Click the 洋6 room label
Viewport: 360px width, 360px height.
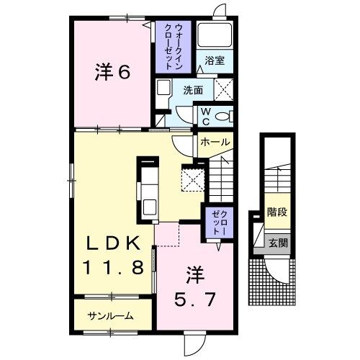(x=112, y=72)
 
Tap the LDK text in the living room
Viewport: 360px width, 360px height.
(x=113, y=243)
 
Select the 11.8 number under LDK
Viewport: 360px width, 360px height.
(x=113, y=267)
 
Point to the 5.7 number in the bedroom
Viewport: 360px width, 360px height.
(x=194, y=299)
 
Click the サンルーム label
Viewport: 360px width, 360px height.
(x=110, y=316)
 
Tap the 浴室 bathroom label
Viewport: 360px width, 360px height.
(x=215, y=60)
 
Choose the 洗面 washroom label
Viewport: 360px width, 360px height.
(x=193, y=90)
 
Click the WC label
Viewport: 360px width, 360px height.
(x=206, y=117)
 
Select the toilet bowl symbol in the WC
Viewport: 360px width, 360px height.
(x=225, y=117)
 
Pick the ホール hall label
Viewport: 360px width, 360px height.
(x=215, y=142)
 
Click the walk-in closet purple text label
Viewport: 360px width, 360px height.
(x=173, y=46)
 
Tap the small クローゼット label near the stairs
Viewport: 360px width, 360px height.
(x=219, y=222)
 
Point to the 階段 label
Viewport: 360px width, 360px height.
(x=277, y=212)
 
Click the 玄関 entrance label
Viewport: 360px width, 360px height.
(x=278, y=243)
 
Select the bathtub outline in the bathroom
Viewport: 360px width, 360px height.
(x=215, y=35)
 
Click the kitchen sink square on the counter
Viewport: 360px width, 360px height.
(x=150, y=207)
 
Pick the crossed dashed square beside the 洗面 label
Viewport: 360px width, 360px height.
(x=223, y=89)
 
